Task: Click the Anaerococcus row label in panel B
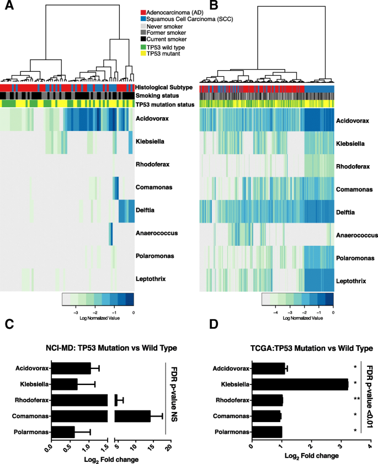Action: click(357, 235)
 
